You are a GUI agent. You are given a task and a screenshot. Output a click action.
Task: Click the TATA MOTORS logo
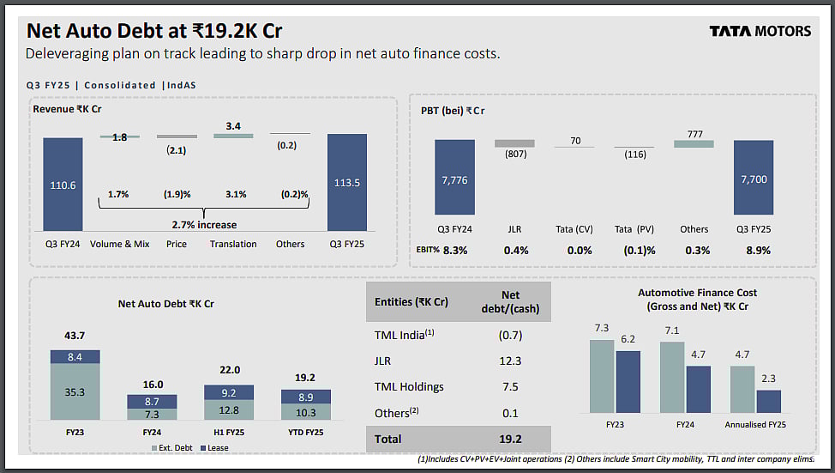pos(760,31)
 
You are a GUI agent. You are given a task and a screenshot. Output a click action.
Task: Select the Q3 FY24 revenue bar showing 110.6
pos(63,185)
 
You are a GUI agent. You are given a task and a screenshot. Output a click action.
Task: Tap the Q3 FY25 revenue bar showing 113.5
pos(346,183)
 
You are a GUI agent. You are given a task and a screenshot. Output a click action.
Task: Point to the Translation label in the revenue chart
pos(233,244)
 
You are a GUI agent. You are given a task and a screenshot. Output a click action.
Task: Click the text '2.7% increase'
pos(203,224)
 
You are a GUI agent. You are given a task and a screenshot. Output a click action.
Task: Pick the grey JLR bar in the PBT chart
pos(514,143)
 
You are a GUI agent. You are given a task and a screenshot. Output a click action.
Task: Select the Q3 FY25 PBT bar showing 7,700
pos(753,178)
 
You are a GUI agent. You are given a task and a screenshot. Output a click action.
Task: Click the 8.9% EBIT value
pos(758,251)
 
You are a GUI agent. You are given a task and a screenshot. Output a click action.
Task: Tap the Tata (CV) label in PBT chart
pos(574,229)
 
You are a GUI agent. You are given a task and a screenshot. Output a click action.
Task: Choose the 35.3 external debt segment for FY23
pos(75,392)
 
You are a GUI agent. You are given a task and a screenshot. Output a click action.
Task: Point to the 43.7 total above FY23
pos(75,335)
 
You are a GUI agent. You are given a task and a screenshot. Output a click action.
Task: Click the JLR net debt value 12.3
pos(509,361)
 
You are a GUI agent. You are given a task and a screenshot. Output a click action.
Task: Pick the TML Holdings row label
pos(409,386)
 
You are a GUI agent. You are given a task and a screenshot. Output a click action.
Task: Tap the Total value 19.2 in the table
pos(509,439)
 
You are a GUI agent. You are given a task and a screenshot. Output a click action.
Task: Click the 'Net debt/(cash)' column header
pos(509,301)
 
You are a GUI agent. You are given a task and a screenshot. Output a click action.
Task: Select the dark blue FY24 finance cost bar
pos(699,390)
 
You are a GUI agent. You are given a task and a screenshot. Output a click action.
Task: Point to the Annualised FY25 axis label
pos(755,424)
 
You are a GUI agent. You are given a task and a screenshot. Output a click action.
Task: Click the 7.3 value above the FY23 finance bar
pos(601,329)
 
